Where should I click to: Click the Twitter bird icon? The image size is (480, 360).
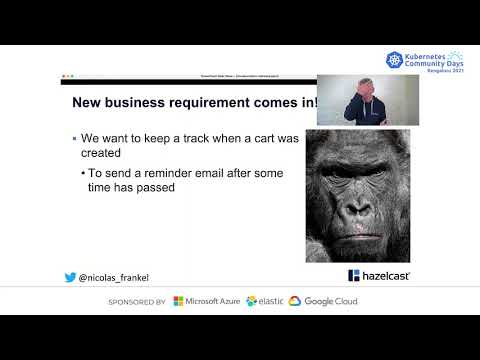click(70, 277)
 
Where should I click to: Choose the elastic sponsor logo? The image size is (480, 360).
click(265, 301)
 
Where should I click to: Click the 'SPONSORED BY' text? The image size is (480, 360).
click(136, 301)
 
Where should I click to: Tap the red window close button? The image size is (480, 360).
click(63, 77)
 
